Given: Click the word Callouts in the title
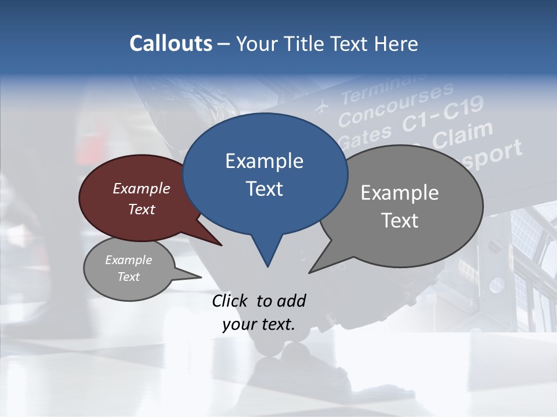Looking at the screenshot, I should [x=171, y=43].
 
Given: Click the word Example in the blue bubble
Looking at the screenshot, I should [x=264, y=161].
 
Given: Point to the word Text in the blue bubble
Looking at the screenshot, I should [x=264, y=189].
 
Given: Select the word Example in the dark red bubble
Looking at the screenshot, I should [x=142, y=188].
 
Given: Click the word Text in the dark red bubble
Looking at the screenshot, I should [x=142, y=209].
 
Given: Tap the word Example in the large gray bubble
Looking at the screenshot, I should [x=400, y=193].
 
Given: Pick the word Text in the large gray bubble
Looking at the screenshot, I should [x=400, y=221].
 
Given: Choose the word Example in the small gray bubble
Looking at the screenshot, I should [x=129, y=260].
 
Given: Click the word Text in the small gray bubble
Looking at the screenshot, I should [x=129, y=277].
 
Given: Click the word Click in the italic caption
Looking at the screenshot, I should [x=231, y=301].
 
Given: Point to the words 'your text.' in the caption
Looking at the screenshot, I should [x=259, y=325].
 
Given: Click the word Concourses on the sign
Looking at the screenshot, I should [x=396, y=105].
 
